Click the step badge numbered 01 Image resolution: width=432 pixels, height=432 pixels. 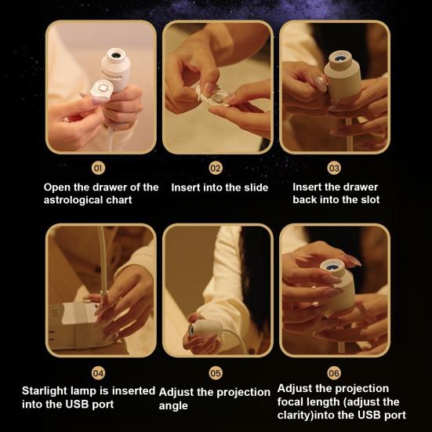click(98, 168)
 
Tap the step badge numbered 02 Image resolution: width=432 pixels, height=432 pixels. click(216, 168)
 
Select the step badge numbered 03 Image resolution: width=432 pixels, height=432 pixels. click(334, 168)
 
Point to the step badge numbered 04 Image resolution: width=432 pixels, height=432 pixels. click(98, 373)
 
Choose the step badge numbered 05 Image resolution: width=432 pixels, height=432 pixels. click(216, 373)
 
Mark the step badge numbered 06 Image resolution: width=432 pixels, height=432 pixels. click(334, 373)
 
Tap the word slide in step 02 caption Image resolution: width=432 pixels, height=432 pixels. click(256, 187)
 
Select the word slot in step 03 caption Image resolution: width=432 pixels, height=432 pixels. click(370, 199)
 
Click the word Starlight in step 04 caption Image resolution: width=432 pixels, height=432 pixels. click(45, 391)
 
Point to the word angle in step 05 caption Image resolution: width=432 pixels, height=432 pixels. click(173, 406)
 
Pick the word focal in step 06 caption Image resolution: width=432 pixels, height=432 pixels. click(291, 401)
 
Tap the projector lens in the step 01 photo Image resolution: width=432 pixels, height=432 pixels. click(116, 56)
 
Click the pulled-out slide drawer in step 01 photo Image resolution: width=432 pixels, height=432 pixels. click(101, 90)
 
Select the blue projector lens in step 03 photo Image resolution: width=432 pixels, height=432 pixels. click(340, 58)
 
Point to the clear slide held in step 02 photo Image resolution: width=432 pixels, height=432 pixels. click(212, 96)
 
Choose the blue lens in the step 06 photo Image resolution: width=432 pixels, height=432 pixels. click(332, 267)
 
